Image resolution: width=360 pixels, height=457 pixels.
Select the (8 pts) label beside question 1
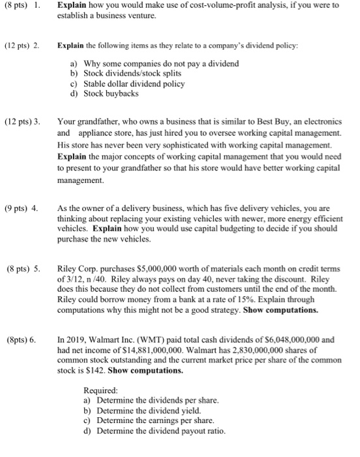[x=17, y=5]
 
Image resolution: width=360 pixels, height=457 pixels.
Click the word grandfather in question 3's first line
[x=97, y=121]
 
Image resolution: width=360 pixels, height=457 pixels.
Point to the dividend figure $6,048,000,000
[x=297, y=341]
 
